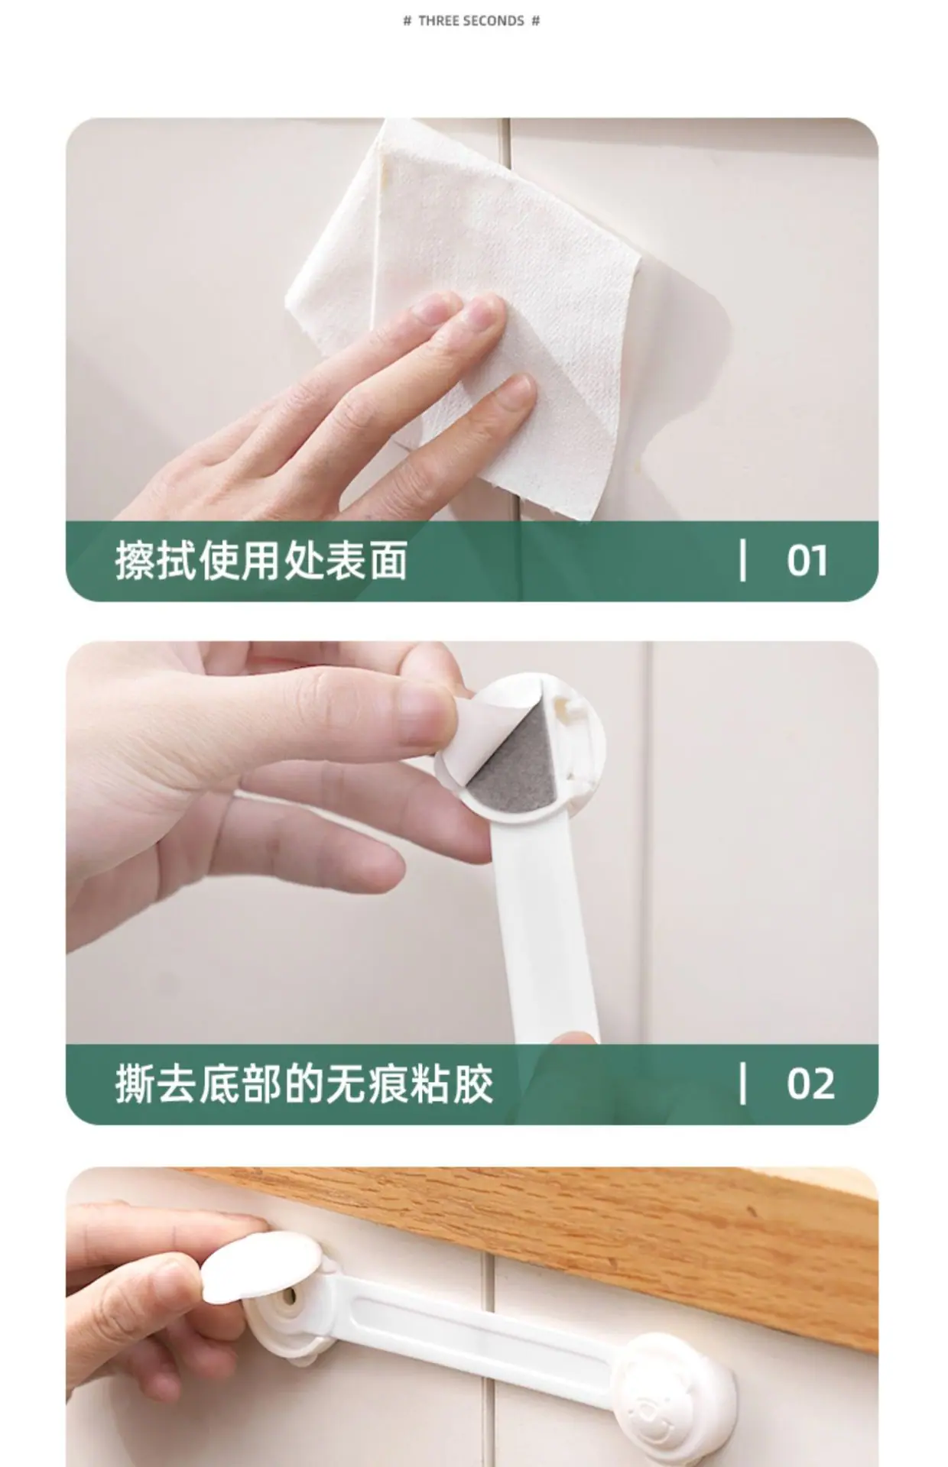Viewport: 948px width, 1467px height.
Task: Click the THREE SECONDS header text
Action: pyautogui.click(x=471, y=21)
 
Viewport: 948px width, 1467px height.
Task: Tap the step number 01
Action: pyautogui.click(x=807, y=560)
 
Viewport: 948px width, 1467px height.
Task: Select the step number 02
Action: pyautogui.click(x=810, y=1083)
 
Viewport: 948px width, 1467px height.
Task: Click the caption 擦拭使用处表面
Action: pyautogui.click(x=261, y=560)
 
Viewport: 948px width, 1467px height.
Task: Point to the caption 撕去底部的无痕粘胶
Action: pyautogui.click(x=304, y=1083)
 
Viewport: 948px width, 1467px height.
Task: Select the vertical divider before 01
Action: pyautogui.click(x=742, y=560)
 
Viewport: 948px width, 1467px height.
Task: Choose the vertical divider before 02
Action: pyautogui.click(x=742, y=1083)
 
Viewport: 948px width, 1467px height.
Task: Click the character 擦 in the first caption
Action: pyautogui.click(x=136, y=560)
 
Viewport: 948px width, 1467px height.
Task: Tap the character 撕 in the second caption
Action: pyautogui.click(x=136, y=1083)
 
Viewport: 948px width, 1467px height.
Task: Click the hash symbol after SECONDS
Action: pyautogui.click(x=535, y=21)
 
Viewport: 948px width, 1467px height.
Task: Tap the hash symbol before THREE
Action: pyautogui.click(x=407, y=21)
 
